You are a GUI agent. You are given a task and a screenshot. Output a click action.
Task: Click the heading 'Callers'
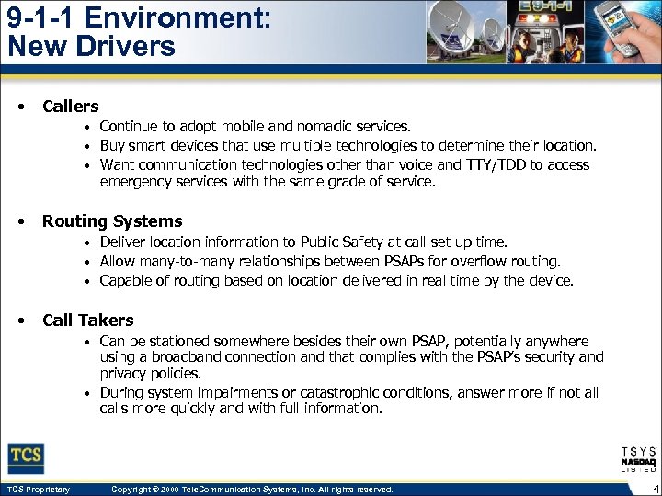pyautogui.click(x=71, y=107)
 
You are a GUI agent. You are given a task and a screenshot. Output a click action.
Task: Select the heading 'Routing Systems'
pyautogui.click(x=112, y=221)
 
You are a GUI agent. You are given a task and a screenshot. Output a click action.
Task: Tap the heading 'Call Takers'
pyautogui.click(x=87, y=321)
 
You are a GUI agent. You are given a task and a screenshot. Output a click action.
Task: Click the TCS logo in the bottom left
pyautogui.click(x=26, y=457)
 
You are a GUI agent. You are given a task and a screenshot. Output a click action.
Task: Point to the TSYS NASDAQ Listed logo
pyautogui.click(x=638, y=459)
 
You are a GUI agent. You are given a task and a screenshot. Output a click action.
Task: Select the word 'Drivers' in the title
pyautogui.click(x=129, y=45)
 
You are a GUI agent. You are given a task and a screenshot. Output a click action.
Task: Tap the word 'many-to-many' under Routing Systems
pyautogui.click(x=182, y=262)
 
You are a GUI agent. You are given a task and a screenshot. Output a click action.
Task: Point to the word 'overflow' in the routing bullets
pyautogui.click(x=487, y=262)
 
